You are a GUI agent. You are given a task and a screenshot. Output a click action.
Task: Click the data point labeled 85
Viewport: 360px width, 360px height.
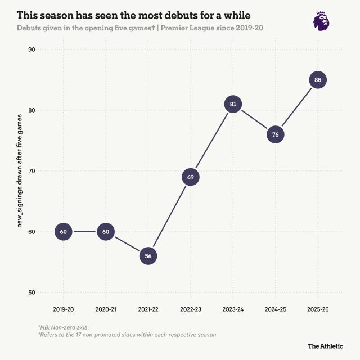click(x=318, y=80)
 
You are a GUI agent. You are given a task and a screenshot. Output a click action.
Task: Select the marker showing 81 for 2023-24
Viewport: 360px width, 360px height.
click(x=233, y=104)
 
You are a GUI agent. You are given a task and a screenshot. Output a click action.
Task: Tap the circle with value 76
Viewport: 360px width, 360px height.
click(x=275, y=134)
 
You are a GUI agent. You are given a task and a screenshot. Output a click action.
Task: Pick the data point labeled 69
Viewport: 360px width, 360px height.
click(x=191, y=177)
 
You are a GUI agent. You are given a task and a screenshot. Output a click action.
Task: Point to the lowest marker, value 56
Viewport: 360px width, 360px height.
click(x=148, y=256)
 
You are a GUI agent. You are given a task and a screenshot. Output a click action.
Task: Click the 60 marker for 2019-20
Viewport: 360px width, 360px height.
click(x=64, y=232)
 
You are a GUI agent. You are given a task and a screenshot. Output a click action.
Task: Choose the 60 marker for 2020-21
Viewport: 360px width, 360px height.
click(x=106, y=232)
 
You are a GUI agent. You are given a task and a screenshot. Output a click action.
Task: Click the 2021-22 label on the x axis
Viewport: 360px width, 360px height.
click(x=148, y=309)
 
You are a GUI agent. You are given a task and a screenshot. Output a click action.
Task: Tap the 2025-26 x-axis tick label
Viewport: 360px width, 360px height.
click(x=318, y=309)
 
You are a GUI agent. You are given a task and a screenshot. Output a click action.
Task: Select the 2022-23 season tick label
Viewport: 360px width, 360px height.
click(x=191, y=309)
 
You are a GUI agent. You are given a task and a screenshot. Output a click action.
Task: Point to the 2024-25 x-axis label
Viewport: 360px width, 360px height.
click(x=275, y=309)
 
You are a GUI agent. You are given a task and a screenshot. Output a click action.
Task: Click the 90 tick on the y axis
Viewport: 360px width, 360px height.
click(x=31, y=49)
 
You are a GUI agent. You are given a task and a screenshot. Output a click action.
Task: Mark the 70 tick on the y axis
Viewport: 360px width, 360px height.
click(x=31, y=171)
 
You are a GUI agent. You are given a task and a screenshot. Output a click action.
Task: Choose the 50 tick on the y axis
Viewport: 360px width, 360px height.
click(x=31, y=292)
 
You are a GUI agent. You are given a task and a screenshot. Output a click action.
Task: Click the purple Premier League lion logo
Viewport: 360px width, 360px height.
click(x=321, y=20)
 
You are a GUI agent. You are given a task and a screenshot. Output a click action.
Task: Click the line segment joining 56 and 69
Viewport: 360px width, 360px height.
click(x=169, y=217)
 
